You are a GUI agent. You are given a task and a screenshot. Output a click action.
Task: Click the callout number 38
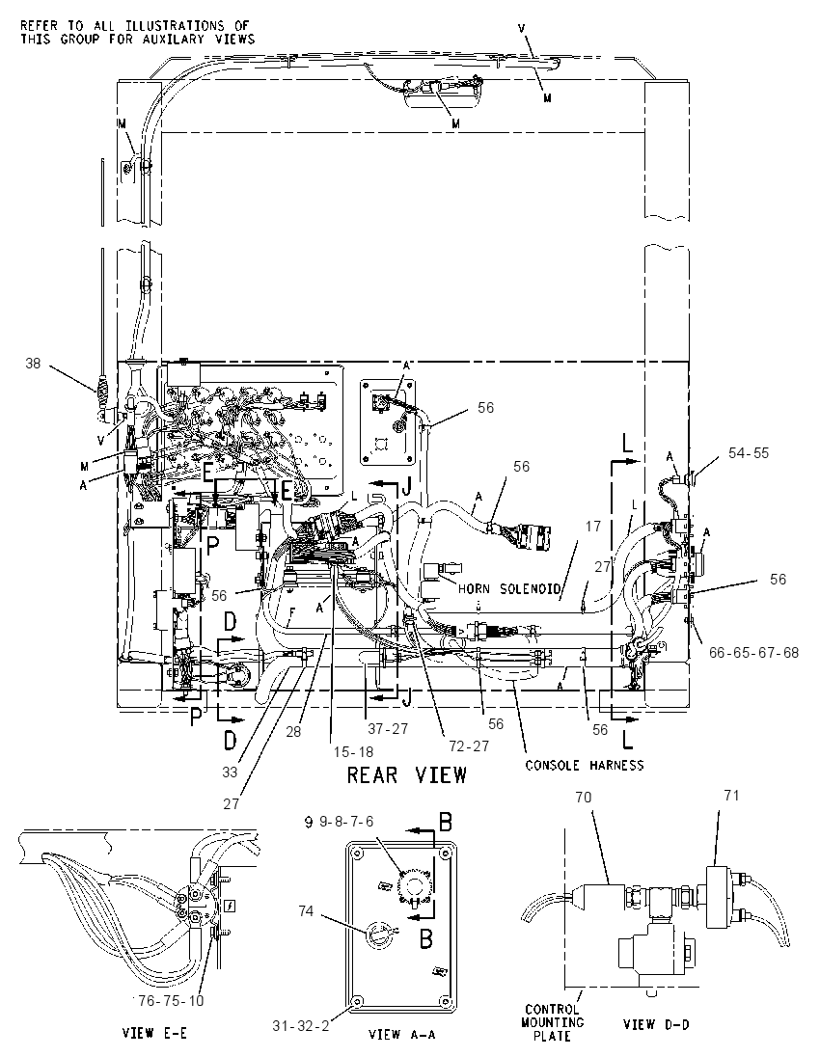point(33,364)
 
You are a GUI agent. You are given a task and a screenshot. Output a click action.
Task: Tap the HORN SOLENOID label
point(509,588)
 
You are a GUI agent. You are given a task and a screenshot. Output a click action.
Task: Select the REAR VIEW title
point(407,774)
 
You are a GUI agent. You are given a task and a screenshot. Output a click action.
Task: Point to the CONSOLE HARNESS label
point(584,765)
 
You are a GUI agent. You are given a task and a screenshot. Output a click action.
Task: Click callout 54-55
point(748,453)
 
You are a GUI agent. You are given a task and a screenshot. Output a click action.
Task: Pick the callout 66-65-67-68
point(753,653)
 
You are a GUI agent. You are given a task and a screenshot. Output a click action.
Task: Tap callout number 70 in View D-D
point(584,797)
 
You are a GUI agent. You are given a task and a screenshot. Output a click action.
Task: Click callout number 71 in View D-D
point(731,796)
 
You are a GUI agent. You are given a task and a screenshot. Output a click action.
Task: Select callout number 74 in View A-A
point(306,910)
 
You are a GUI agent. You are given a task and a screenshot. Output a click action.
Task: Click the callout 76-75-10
point(170,1001)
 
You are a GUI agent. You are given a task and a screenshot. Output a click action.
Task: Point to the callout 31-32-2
point(301,1025)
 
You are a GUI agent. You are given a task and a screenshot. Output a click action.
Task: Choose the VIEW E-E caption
point(154,1033)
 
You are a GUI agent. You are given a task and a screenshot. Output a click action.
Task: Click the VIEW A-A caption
point(400,1034)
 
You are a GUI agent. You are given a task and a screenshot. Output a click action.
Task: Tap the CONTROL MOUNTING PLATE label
point(552,1022)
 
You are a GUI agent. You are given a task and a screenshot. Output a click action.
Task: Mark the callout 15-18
point(353,751)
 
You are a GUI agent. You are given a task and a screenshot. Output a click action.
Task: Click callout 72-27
point(471,746)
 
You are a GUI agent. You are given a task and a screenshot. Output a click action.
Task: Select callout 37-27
point(389,729)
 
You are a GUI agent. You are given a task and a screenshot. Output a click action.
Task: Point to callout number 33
point(230,772)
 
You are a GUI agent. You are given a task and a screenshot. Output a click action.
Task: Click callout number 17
point(592,526)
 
